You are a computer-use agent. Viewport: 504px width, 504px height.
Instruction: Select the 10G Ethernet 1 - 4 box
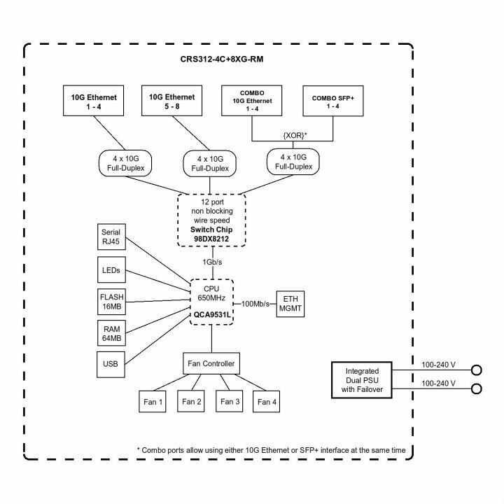click(92, 101)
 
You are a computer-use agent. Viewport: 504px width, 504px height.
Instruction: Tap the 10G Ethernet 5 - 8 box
click(172, 101)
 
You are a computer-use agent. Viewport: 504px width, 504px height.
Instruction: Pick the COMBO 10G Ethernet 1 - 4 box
click(251, 101)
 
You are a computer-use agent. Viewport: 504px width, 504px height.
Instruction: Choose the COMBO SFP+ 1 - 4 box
click(332, 101)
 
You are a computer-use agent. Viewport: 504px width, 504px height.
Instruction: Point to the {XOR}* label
click(292, 133)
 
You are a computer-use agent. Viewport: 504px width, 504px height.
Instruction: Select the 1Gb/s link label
click(212, 262)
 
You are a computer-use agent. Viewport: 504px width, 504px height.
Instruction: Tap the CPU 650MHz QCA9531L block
click(212, 300)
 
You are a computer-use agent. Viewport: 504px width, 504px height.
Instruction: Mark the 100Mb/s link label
click(255, 303)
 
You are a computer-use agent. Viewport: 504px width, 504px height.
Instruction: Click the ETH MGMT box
click(291, 303)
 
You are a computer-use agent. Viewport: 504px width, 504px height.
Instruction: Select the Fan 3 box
click(230, 401)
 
